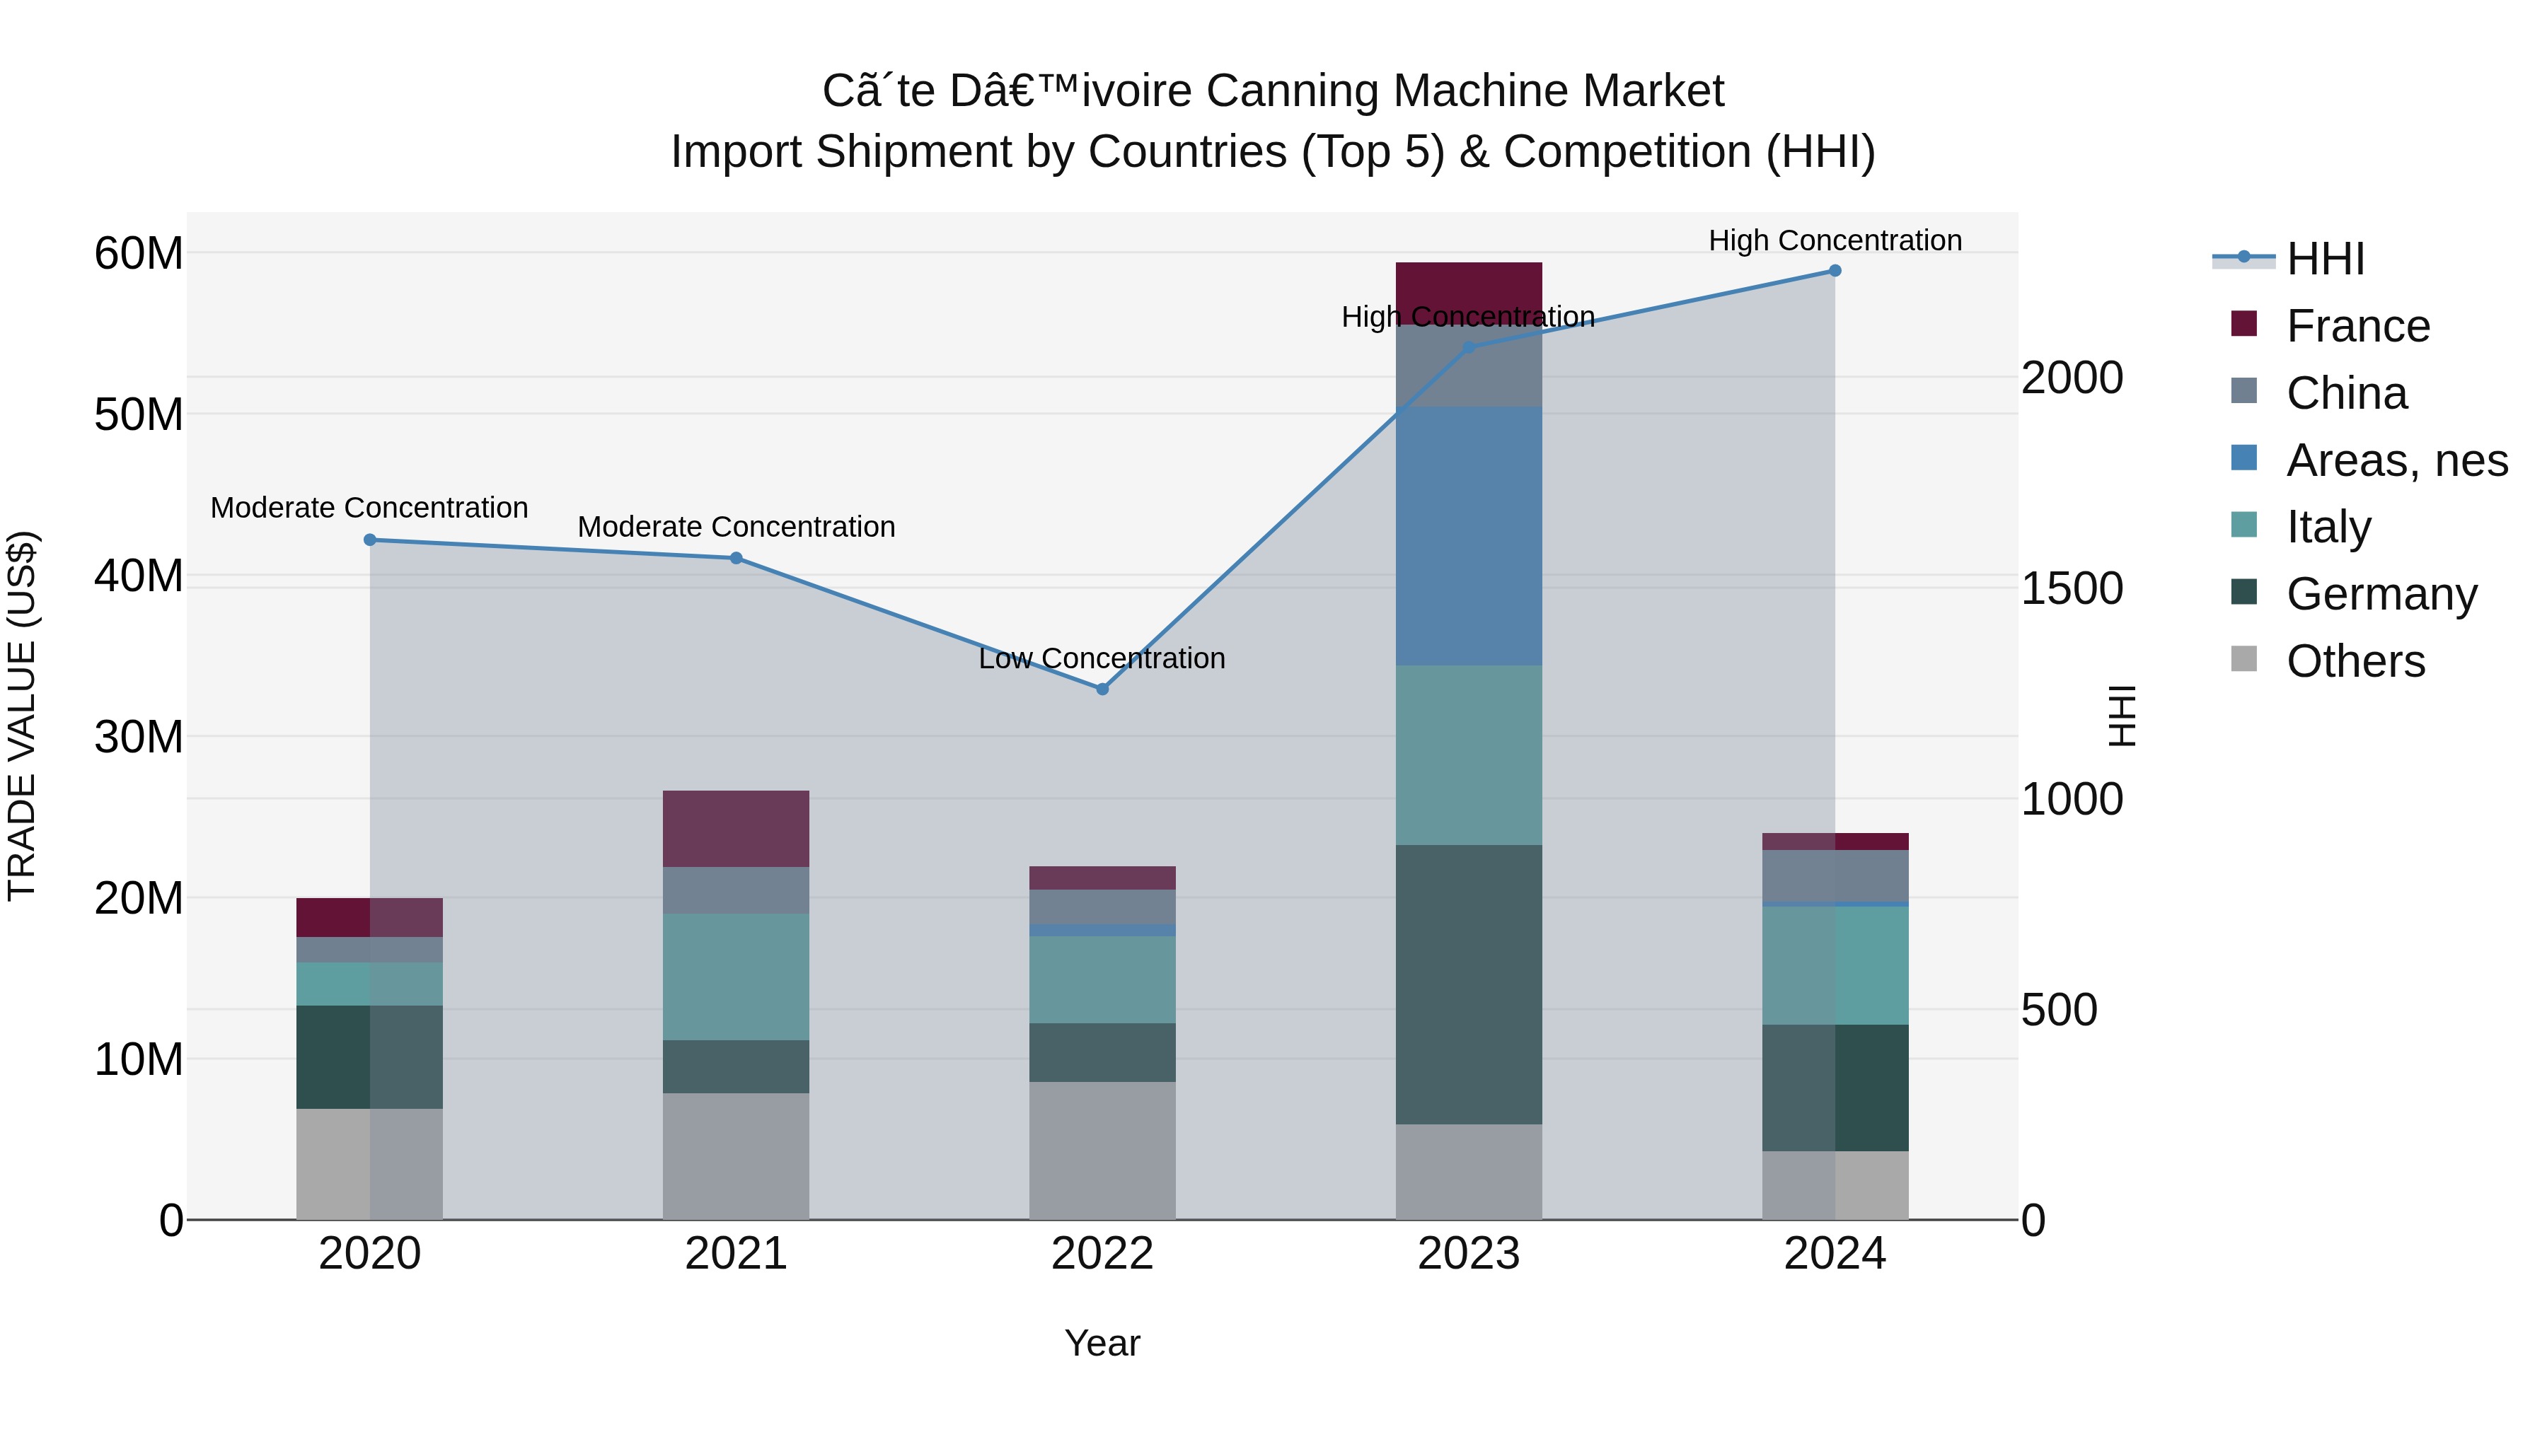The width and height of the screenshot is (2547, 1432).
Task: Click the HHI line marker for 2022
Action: (1102, 689)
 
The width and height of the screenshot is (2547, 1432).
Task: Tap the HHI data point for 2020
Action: (370, 540)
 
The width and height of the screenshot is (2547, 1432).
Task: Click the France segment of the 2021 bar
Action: (736, 828)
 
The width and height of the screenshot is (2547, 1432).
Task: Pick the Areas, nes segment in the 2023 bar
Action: (1468, 535)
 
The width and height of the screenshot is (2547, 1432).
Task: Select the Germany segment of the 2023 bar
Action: (1468, 984)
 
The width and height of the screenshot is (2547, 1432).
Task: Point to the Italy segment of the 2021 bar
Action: (736, 977)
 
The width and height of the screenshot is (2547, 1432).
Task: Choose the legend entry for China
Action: (2345, 393)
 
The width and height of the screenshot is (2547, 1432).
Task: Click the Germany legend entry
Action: (2381, 594)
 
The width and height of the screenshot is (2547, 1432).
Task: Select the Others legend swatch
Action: (2244, 659)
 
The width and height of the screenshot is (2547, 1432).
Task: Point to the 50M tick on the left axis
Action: (139, 415)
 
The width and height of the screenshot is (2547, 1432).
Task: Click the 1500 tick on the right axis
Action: (2072, 589)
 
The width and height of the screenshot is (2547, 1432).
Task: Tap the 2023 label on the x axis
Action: (1468, 1254)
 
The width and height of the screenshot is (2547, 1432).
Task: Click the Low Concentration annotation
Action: (1102, 658)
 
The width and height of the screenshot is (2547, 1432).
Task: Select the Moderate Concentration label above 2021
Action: (736, 527)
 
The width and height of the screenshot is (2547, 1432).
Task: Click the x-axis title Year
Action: (1102, 1343)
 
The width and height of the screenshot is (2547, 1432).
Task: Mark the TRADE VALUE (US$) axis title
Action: (22, 716)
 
